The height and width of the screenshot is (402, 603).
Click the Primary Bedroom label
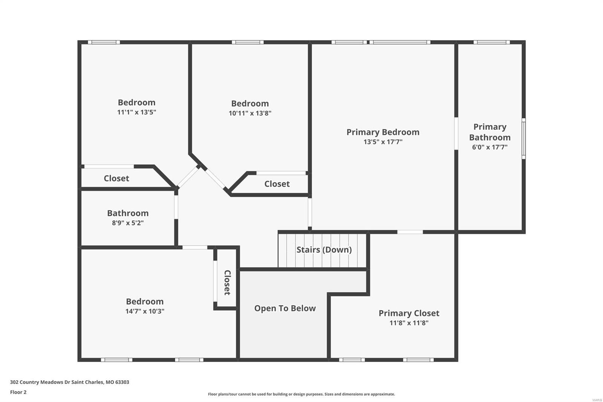[x=383, y=132]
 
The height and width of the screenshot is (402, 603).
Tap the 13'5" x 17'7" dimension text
[x=383, y=142]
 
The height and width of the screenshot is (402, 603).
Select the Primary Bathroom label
[x=490, y=132]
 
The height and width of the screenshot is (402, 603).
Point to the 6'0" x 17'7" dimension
[x=490, y=147]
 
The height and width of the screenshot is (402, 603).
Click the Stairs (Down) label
[x=324, y=250]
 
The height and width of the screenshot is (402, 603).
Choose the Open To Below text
[x=285, y=308]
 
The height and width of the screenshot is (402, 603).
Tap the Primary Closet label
[x=409, y=313]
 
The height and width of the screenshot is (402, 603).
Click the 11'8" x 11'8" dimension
[x=409, y=323]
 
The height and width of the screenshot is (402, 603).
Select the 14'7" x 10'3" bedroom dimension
[x=145, y=311]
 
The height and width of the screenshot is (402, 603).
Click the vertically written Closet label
[x=227, y=282]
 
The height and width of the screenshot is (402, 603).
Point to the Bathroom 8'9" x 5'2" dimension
[x=127, y=223]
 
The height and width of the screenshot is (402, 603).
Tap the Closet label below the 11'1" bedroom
[x=116, y=178]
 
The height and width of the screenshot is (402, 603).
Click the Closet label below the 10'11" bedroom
[x=277, y=184]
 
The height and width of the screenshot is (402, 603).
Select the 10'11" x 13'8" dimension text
[x=250, y=113]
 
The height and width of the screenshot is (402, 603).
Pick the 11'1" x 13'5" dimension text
[x=136, y=112]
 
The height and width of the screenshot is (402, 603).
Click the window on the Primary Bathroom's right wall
[x=523, y=138]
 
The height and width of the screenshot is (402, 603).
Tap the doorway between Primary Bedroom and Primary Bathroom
[x=456, y=133]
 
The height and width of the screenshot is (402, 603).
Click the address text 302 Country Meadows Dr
[x=69, y=382]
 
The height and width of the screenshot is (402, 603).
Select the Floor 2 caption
[x=18, y=392]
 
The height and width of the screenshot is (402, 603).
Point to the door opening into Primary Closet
[x=410, y=232]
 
